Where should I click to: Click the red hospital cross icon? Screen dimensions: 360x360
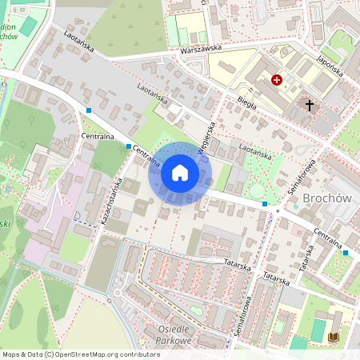(277, 80)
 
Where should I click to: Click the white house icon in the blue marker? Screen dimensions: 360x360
(180, 173)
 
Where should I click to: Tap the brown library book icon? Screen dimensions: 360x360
(334, 338)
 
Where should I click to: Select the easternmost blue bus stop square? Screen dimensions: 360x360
(346, 253)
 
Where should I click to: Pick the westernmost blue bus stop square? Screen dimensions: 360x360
(90, 110)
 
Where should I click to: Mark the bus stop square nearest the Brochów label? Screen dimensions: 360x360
(265, 204)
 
